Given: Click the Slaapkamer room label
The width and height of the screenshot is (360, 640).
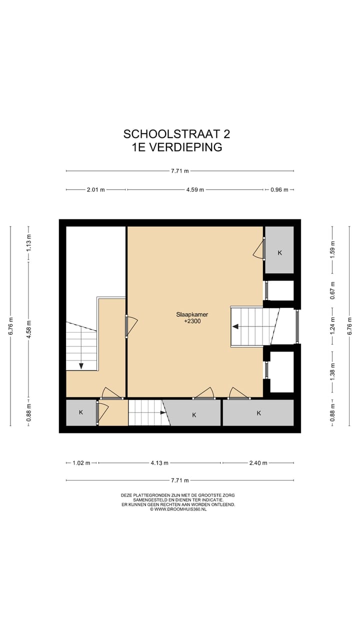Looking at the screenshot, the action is tap(192, 314).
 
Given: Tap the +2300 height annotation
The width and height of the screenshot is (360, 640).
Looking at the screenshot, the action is tap(192, 321).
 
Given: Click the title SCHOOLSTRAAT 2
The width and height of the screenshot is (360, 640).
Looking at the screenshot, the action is tap(176, 134).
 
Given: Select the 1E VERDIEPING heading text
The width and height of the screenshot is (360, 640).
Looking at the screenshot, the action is tap(176, 147).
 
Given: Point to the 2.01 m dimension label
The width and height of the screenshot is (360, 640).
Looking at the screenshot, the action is tap(95, 189).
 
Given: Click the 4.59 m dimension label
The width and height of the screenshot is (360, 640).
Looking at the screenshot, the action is tap(195, 189).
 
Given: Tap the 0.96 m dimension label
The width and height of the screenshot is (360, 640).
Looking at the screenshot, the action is tap(279, 189).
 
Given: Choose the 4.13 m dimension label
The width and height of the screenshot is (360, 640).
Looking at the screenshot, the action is tap(159, 463).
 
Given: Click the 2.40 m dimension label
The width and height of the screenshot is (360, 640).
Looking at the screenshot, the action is tap(258, 463).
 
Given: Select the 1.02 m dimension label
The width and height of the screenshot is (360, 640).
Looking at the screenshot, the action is tap(81, 463).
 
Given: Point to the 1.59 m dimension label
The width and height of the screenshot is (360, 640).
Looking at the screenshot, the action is tap(332, 249).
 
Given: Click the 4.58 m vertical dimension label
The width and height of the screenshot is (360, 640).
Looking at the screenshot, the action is tap(28, 329).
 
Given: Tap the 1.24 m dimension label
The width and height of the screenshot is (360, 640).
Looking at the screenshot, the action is tap(332, 326).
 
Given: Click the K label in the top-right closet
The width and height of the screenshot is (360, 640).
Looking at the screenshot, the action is tap(279, 252).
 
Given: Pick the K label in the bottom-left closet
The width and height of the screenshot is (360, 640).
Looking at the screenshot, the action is tap(81, 412).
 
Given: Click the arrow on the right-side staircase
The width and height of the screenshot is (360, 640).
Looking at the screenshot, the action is tap(235, 326).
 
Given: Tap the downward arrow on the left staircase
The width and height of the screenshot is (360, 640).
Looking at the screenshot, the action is tap(81, 365).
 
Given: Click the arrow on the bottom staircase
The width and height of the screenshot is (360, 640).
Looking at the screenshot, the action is tap(163, 412).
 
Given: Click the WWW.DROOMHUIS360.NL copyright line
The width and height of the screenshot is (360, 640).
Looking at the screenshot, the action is tap(178, 509).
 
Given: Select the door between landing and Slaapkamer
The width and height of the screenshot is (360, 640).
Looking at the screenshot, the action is tap(126, 326).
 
